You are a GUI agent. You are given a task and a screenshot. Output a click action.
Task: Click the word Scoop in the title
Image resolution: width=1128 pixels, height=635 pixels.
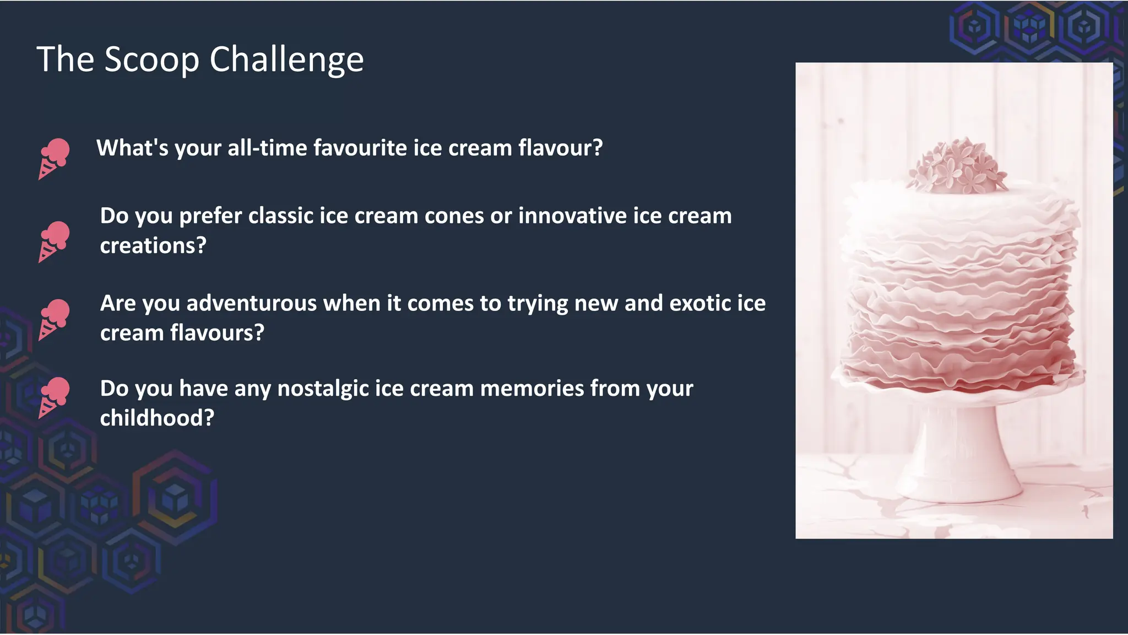tap(151, 60)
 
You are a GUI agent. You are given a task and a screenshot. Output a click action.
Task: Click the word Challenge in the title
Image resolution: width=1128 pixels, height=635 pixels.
tap(286, 60)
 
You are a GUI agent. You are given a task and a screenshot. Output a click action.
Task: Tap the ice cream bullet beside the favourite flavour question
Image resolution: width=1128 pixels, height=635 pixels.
tap(54, 159)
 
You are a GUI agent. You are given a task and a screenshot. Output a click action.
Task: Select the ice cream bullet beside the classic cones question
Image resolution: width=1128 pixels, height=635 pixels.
tap(54, 241)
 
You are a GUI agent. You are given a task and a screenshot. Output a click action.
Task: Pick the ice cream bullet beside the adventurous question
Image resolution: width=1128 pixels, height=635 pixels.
tap(54, 320)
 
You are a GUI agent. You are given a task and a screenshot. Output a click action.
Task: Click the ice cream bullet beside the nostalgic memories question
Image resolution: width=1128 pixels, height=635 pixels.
tap(54, 397)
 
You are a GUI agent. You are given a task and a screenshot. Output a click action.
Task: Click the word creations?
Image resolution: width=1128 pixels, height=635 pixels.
tap(153, 245)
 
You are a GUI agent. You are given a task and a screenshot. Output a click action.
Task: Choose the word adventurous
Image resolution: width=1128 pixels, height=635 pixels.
tap(251, 303)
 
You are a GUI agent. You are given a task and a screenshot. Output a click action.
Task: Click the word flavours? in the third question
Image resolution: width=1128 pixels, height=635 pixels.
tap(217, 333)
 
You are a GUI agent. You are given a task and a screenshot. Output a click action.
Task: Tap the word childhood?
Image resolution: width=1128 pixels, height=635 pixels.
tap(156, 418)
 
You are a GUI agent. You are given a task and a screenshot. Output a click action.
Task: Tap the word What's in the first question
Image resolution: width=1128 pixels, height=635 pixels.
tap(132, 148)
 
